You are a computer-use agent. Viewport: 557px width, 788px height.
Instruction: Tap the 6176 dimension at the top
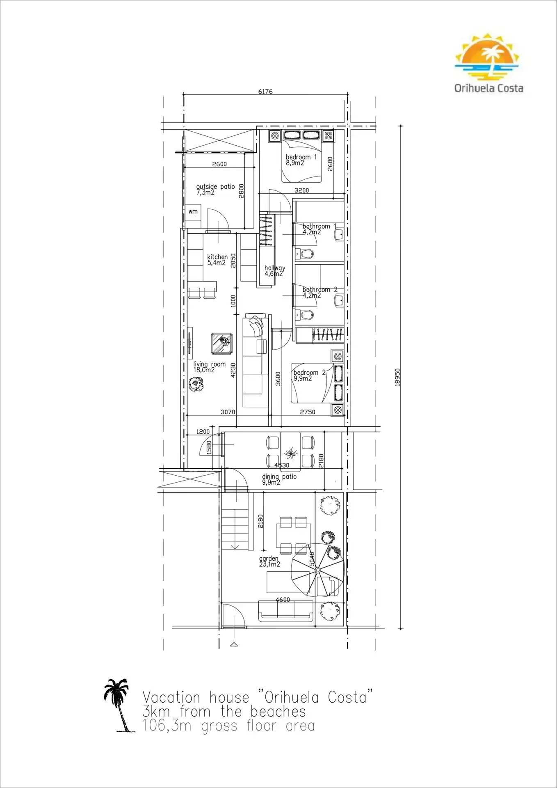click(x=265, y=91)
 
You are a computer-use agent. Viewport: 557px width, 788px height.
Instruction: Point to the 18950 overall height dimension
click(x=397, y=377)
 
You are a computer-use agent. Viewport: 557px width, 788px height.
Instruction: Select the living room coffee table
click(x=222, y=344)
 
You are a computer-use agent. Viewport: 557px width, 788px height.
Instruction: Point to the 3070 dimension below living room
click(x=228, y=412)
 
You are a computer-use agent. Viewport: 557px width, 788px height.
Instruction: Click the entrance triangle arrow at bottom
click(x=234, y=644)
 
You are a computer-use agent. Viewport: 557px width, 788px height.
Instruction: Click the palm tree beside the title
click(x=119, y=706)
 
